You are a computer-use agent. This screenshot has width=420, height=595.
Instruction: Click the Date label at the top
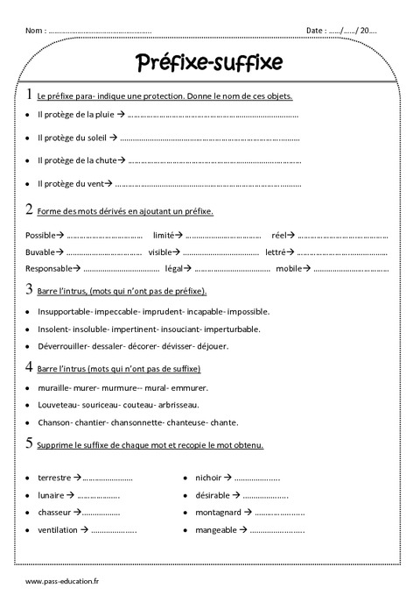315,31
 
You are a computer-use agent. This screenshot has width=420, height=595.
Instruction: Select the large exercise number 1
31,94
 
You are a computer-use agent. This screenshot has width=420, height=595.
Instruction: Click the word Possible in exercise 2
40,236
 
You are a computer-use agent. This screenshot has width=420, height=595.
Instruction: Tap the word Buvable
40,251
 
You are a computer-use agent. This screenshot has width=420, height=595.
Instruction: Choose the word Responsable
49,268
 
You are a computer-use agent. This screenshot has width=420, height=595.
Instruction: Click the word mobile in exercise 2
289,268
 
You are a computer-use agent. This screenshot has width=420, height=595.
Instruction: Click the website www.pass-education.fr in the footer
63,582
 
